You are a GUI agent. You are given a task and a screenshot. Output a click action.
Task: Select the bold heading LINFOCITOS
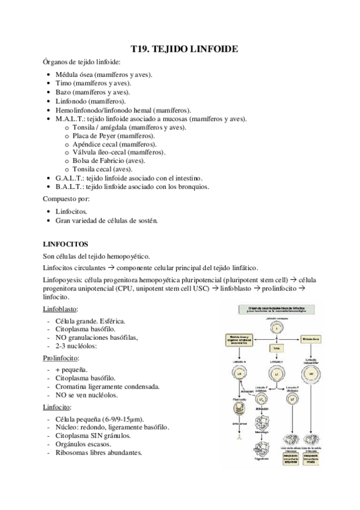pos(66,244)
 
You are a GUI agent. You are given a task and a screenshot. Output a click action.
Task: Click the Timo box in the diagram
pos(276,348)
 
